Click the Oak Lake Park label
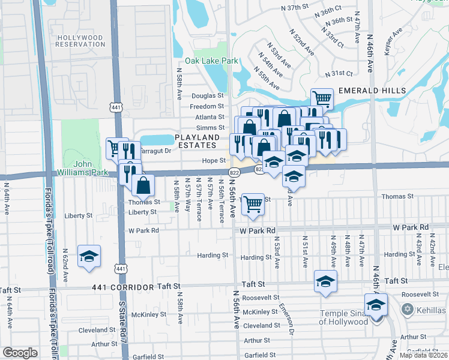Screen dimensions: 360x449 click(211, 61)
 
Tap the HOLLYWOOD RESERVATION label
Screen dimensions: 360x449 click(80, 41)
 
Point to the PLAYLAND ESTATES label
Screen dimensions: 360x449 click(196, 142)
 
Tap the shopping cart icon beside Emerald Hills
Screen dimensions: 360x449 click(322, 98)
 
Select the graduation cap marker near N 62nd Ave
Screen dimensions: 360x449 click(89, 256)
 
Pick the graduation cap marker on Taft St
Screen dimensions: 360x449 click(325, 281)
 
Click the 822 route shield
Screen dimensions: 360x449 click(233, 172)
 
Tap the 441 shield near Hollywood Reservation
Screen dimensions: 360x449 click(115, 107)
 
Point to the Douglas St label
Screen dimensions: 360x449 click(207, 96)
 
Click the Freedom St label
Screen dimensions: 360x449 click(206, 107)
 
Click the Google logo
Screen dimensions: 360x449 click(20, 353)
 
